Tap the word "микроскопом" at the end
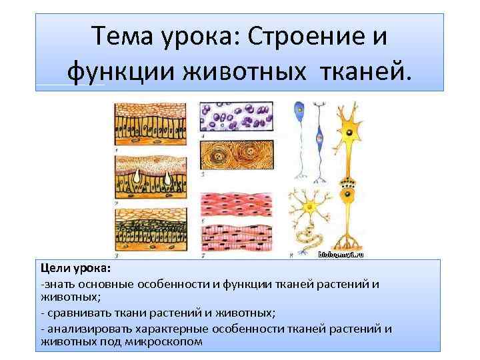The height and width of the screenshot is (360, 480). click(x=163, y=341)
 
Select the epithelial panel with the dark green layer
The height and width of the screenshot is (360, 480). click(x=151, y=230)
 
